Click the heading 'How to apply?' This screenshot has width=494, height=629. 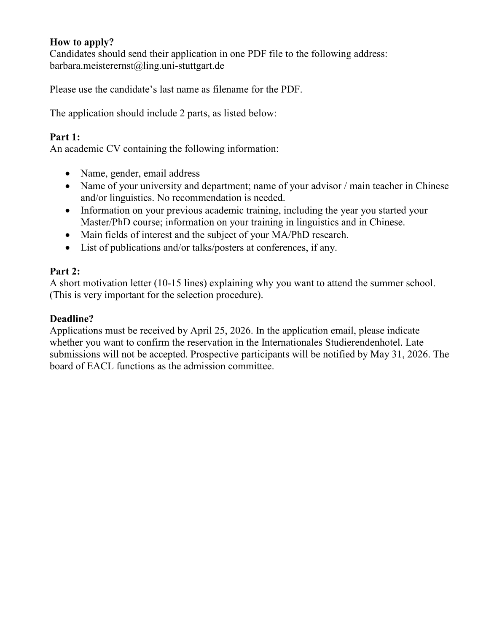82,42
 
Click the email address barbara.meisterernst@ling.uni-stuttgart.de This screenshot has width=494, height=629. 137,66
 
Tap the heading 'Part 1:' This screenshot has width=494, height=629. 64,137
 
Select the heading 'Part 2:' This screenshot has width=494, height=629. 64,271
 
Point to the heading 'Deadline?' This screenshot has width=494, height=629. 71,319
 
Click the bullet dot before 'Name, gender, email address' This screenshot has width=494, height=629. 69,174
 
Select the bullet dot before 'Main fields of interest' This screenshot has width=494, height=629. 69,235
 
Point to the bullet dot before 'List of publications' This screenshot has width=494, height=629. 69,248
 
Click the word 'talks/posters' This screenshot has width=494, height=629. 218,247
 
